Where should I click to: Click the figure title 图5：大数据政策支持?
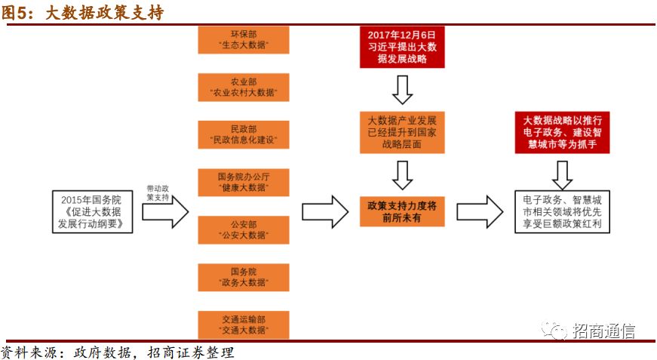(83, 13)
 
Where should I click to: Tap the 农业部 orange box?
(244, 88)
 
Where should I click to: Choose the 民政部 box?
(244, 136)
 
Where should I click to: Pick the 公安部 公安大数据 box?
(244, 230)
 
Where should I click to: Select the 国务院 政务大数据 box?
(244, 277)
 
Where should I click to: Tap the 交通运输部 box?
(244, 325)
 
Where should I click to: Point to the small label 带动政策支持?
(158, 192)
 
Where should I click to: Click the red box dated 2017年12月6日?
(402, 47)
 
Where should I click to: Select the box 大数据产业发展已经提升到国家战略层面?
(402, 132)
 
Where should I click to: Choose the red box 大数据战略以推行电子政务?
(561, 132)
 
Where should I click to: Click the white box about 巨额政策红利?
(561, 214)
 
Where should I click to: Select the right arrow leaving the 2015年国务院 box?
(165, 214)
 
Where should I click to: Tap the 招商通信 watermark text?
(603, 331)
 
